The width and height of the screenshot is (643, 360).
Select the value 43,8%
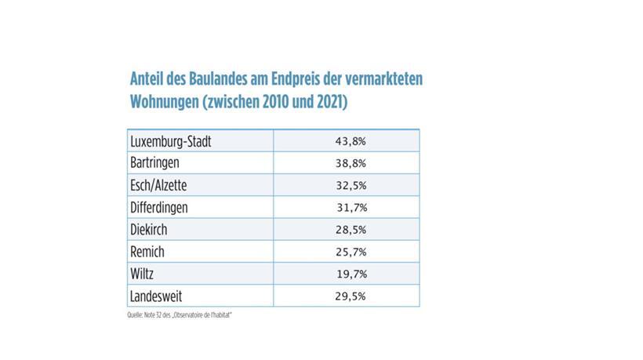coord(351,142)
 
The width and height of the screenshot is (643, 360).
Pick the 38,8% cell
coord(351,164)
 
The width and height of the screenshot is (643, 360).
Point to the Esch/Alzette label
coord(160,186)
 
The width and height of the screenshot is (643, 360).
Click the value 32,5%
coord(351,186)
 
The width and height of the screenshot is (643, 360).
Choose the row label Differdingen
coord(160,208)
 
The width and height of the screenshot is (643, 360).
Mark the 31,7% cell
coord(351,208)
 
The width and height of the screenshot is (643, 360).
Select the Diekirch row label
coord(149,230)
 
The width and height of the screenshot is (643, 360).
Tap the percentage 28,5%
coord(351,230)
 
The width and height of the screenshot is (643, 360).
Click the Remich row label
coord(147,252)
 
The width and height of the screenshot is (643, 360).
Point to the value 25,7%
coord(351,252)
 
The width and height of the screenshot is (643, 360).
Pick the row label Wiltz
coord(143,274)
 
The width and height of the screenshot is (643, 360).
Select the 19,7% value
coord(351,274)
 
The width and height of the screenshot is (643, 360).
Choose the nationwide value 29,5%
coord(351,296)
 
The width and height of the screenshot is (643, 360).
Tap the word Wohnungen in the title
coord(162,103)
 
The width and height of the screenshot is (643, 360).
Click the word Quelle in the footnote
coord(134,315)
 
